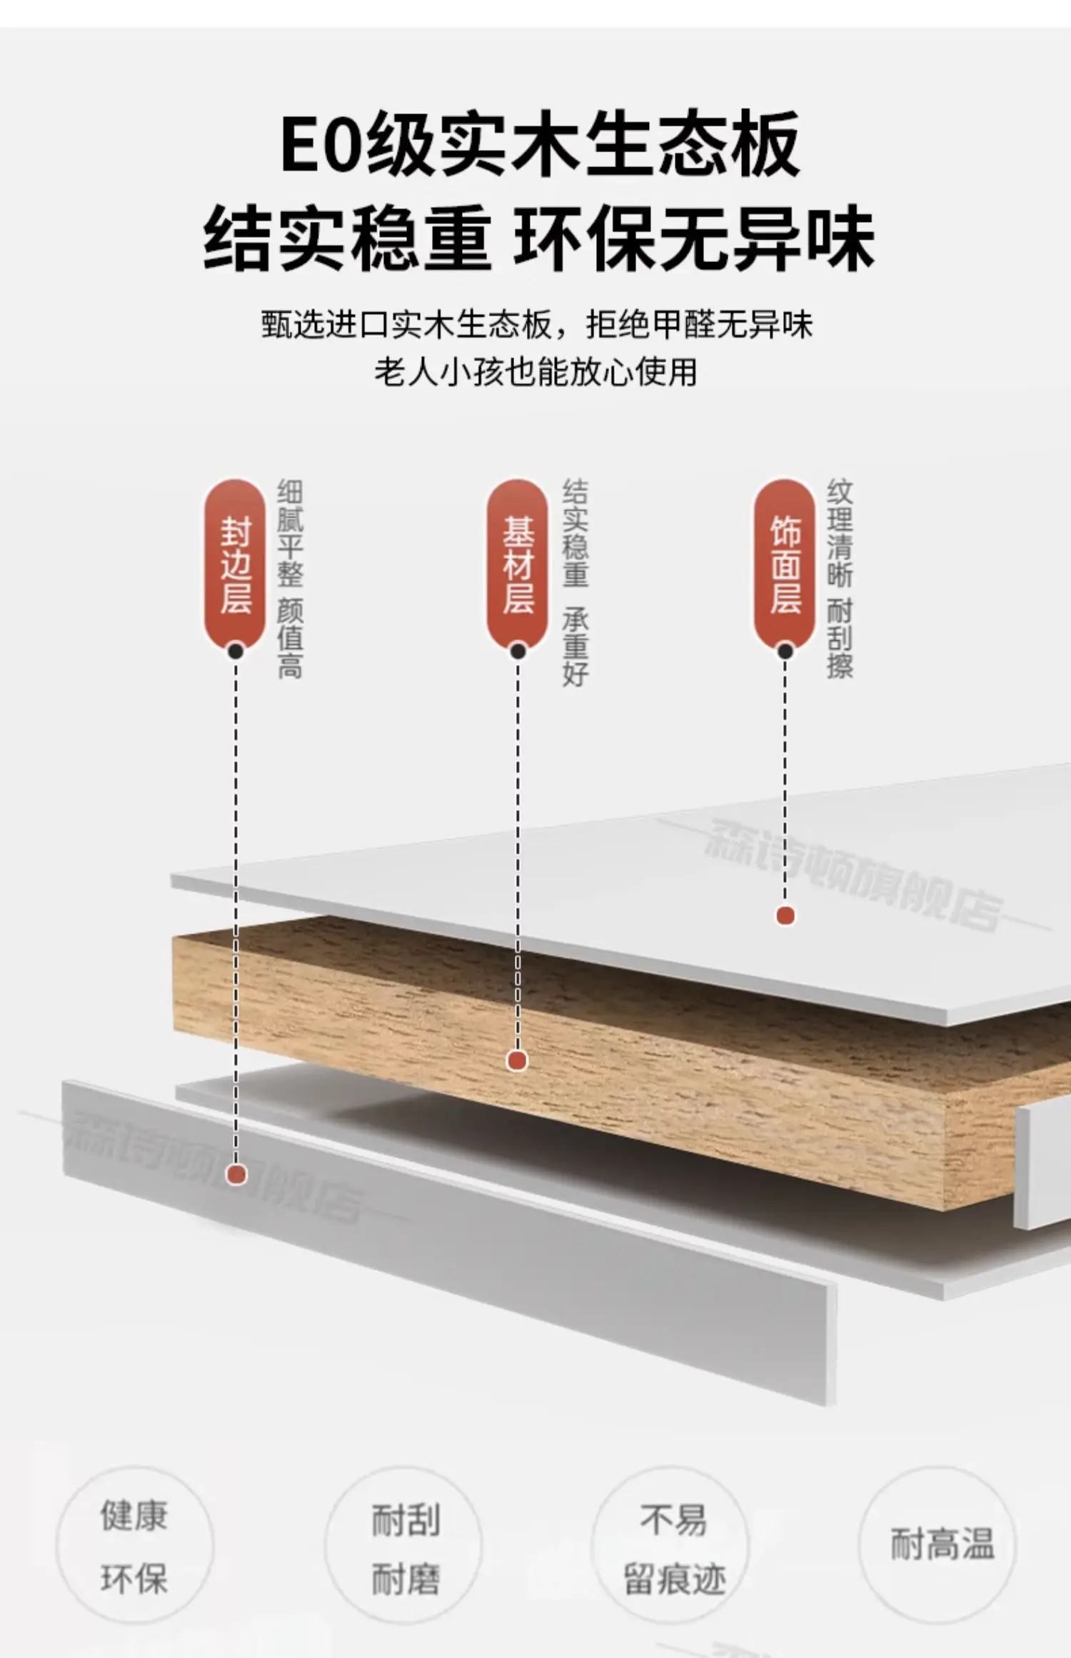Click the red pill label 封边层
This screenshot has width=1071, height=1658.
pyautogui.click(x=235, y=564)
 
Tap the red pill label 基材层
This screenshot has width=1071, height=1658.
pyautogui.click(x=518, y=564)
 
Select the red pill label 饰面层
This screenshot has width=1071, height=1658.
pyautogui.click(x=785, y=564)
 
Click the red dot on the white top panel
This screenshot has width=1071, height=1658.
pyautogui.click(x=785, y=915)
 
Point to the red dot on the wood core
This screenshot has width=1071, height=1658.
pyautogui.click(x=517, y=1061)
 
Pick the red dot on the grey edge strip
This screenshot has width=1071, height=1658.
pyautogui.click(x=236, y=1174)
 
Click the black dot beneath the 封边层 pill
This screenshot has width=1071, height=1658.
pyautogui.click(x=236, y=651)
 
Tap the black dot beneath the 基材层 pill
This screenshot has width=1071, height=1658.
pyautogui.click(x=518, y=651)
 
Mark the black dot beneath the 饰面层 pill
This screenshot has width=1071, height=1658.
pyautogui.click(x=785, y=651)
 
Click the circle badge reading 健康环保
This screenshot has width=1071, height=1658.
pyautogui.click(x=134, y=1547)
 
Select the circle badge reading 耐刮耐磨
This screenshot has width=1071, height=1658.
pyautogui.click(x=404, y=1547)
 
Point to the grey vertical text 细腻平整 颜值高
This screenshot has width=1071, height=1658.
pyautogui.click(x=290, y=579)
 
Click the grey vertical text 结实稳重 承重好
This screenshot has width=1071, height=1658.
pyautogui.click(x=575, y=583)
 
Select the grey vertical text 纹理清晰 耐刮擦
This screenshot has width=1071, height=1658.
pyautogui.click(x=840, y=579)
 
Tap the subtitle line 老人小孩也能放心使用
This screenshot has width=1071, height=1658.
pyautogui.click(x=535, y=372)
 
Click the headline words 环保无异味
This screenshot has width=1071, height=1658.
pyautogui.click(x=694, y=238)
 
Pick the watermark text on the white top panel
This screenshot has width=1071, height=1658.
pyautogui.click(x=853, y=875)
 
